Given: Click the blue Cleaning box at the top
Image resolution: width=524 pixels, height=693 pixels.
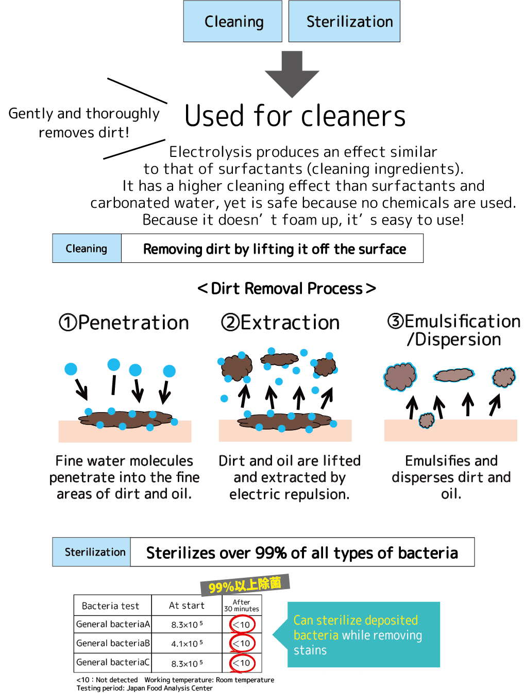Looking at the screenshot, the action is coord(232,21).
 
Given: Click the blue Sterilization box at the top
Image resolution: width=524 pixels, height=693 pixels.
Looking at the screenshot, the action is coord(344,21).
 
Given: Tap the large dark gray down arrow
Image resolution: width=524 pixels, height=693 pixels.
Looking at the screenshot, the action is coord(292,74).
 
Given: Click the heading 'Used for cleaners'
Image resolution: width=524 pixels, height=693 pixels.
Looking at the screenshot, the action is coord(295,116).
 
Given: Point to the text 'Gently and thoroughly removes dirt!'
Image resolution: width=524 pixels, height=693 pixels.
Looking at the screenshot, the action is coord(84,122).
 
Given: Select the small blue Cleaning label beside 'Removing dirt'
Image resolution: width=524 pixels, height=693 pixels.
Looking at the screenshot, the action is coord(87,248).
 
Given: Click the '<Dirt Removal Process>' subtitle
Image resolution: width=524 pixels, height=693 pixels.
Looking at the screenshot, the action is coord(286,288).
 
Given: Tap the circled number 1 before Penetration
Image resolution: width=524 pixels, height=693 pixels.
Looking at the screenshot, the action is coord(68,323).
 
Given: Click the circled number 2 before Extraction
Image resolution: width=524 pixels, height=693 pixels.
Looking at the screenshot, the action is coord(230,323).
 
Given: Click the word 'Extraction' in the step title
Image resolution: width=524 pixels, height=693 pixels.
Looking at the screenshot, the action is coord(290,323).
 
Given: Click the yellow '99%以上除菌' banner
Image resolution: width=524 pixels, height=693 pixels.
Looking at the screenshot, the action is coord(245,585).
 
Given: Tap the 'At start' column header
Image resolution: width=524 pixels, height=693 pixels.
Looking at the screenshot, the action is coord(187,605).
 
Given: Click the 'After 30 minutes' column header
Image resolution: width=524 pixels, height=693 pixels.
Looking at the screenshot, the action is coord(242,605).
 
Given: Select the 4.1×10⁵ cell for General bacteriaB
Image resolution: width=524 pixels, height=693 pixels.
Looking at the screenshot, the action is coord(187,644).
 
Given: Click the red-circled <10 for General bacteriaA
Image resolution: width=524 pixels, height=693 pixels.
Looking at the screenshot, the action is coord(242,624).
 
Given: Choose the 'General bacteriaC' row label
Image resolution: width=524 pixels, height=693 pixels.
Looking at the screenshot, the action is coord(113,662).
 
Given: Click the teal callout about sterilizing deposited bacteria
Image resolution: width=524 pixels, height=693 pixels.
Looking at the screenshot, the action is coord(357,634).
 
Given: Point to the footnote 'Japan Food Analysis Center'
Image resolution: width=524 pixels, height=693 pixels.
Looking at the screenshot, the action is coord(170,688).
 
